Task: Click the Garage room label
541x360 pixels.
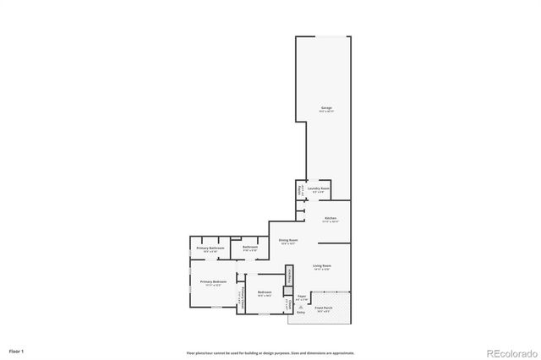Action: pyautogui.click(x=326, y=108)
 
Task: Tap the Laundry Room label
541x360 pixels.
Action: pyautogui.click(x=318, y=189)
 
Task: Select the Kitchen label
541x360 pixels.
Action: pyautogui.click(x=331, y=218)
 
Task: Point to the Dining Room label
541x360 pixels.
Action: pyautogui.click(x=288, y=241)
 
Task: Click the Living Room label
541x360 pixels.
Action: pyautogui.click(x=321, y=266)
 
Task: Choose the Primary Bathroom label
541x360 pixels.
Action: pyautogui.click(x=210, y=248)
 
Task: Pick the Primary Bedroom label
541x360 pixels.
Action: pyautogui.click(x=212, y=281)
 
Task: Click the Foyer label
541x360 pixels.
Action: pyautogui.click(x=301, y=297)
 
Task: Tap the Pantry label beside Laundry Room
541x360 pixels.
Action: pyautogui.click(x=300, y=189)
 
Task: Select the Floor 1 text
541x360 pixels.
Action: pyautogui.click(x=17, y=350)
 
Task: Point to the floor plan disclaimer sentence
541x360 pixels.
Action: pyautogui.click(x=270, y=352)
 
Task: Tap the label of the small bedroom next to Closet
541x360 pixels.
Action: pyautogui.click(x=264, y=292)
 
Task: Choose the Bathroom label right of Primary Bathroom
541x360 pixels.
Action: pyautogui.click(x=250, y=248)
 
